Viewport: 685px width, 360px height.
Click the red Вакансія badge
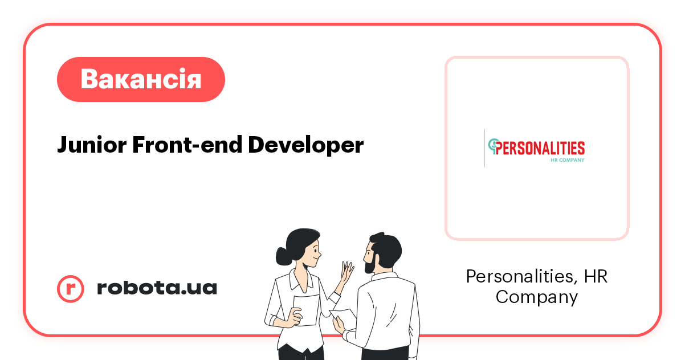141,79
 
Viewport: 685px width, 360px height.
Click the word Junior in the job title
91,145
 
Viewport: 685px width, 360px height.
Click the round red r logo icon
71,288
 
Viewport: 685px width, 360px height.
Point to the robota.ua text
157,288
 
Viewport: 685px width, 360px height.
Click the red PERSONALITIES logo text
540,148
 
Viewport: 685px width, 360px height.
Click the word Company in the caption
536,297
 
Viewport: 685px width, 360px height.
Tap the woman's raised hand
347,273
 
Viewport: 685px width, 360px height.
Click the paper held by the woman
306,310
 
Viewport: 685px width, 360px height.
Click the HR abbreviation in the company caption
596,277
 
